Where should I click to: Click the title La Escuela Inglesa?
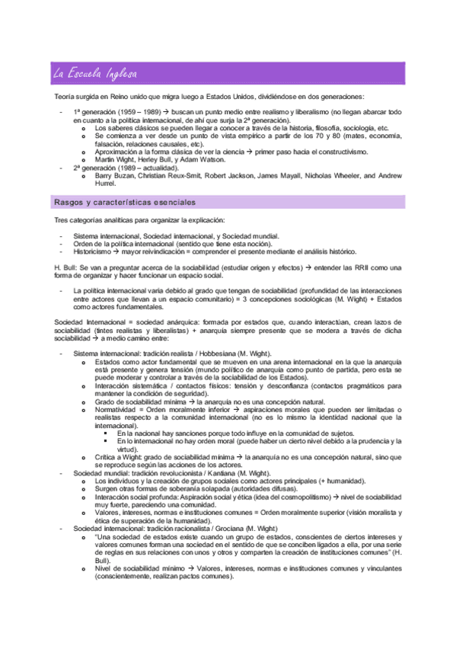click(95, 74)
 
